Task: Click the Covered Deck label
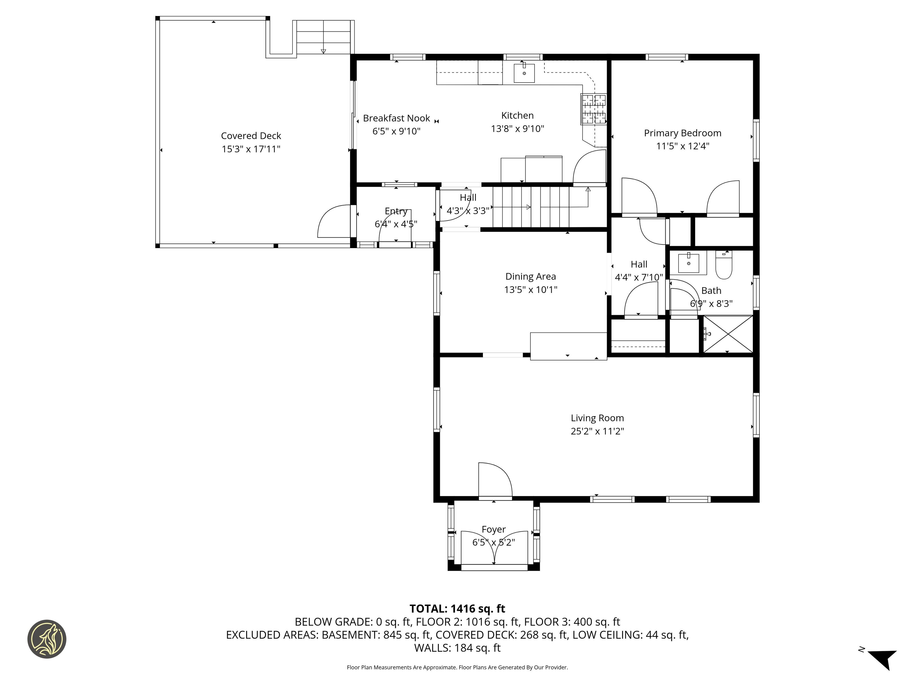pos(251,136)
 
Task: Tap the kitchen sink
pos(524,73)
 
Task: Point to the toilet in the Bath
pos(724,265)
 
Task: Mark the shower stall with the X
pos(728,334)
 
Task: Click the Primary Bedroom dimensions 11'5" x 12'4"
pos(683,146)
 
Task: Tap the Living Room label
pos(597,418)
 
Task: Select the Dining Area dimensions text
pos(531,290)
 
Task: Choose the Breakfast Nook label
pos(396,118)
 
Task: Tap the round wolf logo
pos(47,639)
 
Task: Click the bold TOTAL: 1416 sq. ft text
pos(457,609)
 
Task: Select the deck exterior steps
pos(323,37)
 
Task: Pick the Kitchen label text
pos(518,115)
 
